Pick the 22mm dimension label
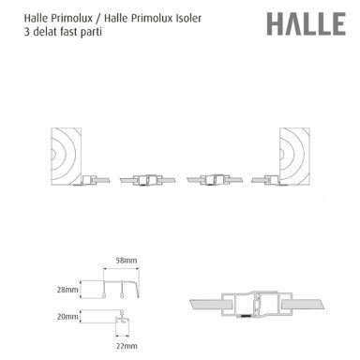[122, 346]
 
